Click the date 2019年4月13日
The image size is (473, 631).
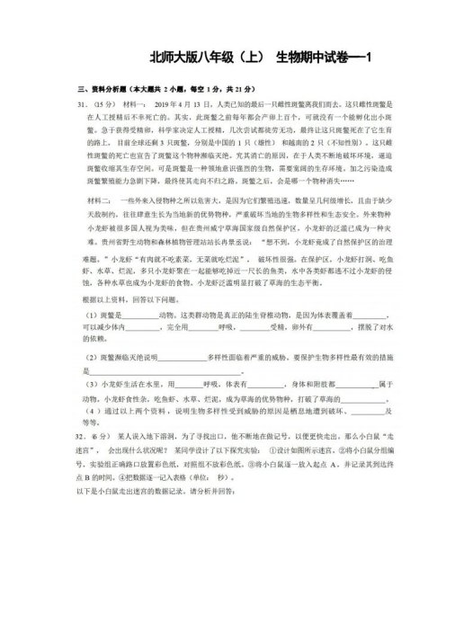coord(187,103)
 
